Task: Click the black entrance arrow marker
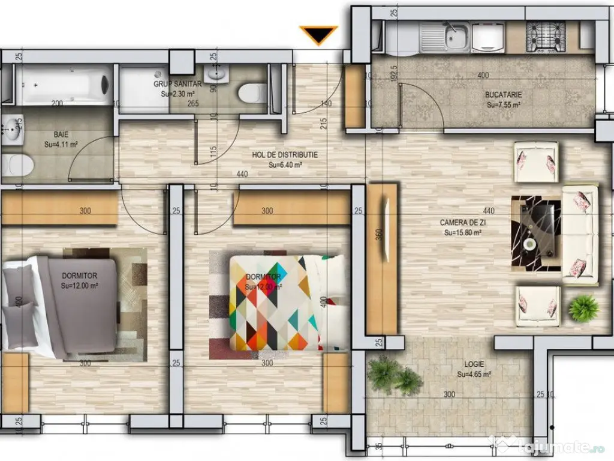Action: pyautogui.click(x=318, y=35)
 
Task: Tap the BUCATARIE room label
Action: pyautogui.click(x=503, y=95)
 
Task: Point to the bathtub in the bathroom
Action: pyautogui.click(x=63, y=85)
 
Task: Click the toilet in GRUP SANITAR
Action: pyautogui.click(x=251, y=93)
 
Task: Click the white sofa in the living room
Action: pyautogui.click(x=580, y=234)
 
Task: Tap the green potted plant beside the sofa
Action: pyautogui.click(x=583, y=309)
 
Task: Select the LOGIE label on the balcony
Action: pyautogui.click(x=474, y=364)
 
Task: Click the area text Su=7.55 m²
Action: pyautogui.click(x=503, y=104)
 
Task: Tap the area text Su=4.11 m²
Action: pyautogui.click(x=61, y=145)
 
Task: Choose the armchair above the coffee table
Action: pyautogui.click(x=535, y=162)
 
